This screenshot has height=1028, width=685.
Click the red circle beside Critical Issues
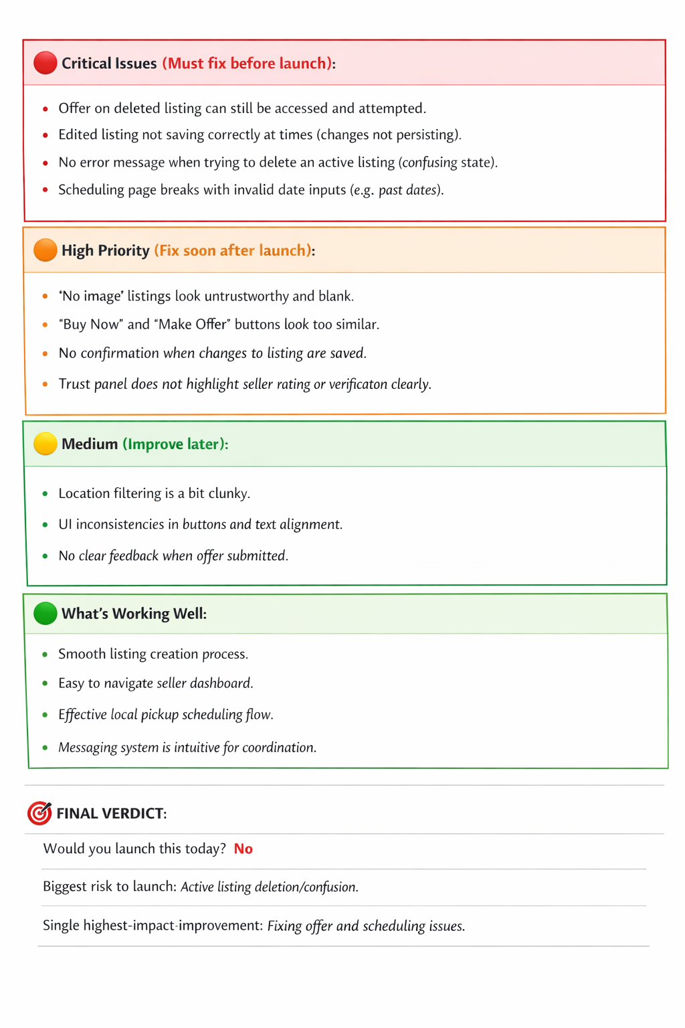(x=45, y=63)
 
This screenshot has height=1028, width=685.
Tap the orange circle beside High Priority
(x=45, y=250)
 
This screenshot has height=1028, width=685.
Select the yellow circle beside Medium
(x=45, y=444)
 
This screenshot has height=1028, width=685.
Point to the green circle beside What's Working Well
(x=45, y=613)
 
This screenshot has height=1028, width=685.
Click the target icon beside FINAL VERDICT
(x=39, y=812)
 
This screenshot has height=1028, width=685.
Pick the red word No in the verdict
(x=243, y=849)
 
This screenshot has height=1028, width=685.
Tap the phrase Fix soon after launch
(x=233, y=250)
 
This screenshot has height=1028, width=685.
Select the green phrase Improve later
(x=174, y=444)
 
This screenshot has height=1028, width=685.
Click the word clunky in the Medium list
(x=229, y=493)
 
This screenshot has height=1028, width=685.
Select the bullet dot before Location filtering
(x=45, y=494)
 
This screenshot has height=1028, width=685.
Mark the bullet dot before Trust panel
(x=45, y=384)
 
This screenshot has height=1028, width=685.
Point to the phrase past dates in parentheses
(x=408, y=190)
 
